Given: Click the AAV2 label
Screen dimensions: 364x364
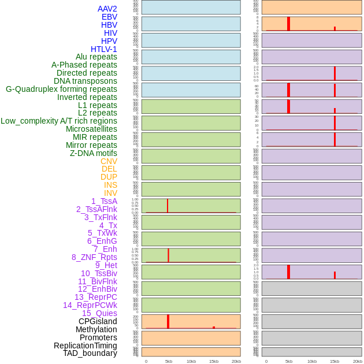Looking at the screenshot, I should click(107, 9).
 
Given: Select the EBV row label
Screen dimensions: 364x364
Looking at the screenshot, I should click(109, 17).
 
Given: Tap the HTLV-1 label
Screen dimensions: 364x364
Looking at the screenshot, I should click(103, 49).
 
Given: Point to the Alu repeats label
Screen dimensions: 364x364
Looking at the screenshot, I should click(96, 57).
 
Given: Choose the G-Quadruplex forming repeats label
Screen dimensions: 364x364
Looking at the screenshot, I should click(61, 89).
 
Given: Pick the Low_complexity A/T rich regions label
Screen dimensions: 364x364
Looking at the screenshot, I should click(59, 121).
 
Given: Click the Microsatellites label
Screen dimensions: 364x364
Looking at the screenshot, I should click(91, 129).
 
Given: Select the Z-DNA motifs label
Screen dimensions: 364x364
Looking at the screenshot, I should click(94, 153).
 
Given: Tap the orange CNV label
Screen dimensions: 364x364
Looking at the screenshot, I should click(109, 161).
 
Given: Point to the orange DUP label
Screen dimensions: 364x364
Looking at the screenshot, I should click(109, 177).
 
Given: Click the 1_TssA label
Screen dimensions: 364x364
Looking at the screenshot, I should click(104, 201).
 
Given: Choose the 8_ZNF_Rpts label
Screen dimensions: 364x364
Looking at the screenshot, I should click(94, 257).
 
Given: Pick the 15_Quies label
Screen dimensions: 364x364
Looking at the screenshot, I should click(99, 313).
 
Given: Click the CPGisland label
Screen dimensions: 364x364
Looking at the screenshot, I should click(98, 321).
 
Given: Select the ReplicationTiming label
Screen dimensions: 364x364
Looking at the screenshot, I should click(85, 346).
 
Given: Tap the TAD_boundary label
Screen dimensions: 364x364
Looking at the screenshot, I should click(90, 353).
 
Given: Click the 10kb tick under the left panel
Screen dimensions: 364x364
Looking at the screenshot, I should click(191, 361).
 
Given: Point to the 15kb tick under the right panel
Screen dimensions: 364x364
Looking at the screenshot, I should click(335, 361).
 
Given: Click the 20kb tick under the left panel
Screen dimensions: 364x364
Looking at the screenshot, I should click(236, 361).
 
